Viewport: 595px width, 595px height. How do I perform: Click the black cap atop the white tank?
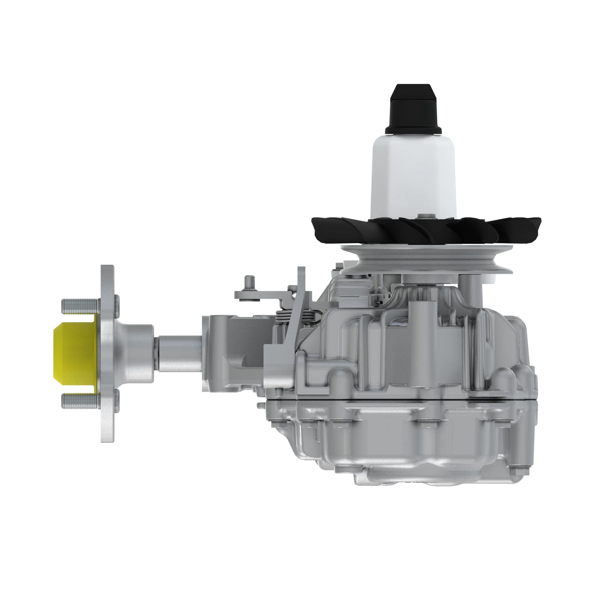[413, 109]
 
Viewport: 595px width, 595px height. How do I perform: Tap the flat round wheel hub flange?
[107, 354]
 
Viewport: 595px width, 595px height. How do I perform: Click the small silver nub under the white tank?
[422, 216]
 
